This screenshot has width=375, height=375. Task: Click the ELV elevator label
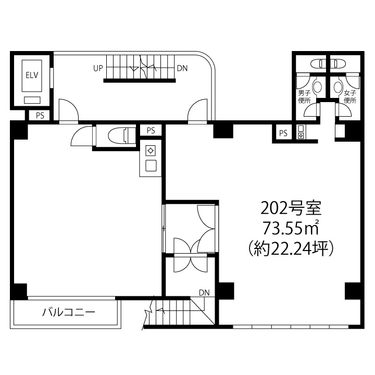pos(32,76)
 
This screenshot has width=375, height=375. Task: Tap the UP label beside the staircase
pos(98,68)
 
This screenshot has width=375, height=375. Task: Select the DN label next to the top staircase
pos(182,68)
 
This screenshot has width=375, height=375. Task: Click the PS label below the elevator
pos(40,116)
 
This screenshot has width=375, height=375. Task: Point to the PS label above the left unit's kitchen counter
pos(151,131)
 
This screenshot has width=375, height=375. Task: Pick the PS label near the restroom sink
pos(283,133)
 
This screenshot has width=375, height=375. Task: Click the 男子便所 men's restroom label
pos(304,97)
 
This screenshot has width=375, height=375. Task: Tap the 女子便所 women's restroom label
pos(350,97)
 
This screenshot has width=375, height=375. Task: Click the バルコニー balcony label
pos(69,312)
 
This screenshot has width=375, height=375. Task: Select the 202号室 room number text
pos(291,208)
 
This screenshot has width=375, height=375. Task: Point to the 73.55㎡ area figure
pos(291,228)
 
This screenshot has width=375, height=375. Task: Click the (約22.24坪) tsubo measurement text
pos(291,249)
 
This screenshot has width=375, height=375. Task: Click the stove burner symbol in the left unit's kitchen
pos(151,151)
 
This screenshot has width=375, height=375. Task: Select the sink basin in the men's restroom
pos(318,87)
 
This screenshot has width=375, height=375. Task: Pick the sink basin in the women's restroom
pos(337,87)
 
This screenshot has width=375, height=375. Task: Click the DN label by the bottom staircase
pos(204,293)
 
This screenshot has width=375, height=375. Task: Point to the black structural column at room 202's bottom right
pos(353,291)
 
